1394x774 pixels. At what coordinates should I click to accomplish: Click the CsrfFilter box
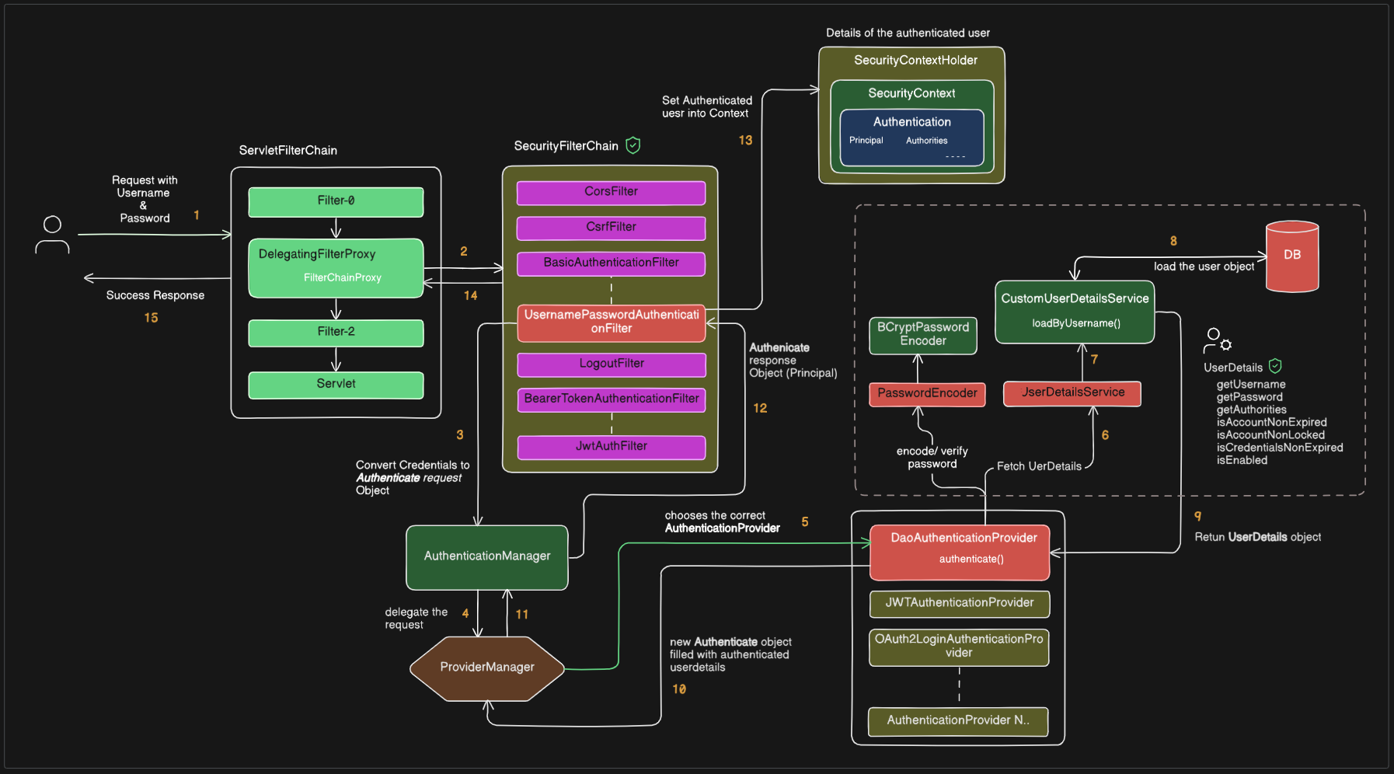pos(611,228)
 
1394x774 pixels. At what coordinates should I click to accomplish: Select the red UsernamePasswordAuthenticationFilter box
pos(611,322)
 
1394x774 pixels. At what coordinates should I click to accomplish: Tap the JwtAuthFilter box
pos(611,447)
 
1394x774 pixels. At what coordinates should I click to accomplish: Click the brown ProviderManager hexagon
pos(487,668)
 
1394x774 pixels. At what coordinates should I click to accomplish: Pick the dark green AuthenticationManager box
pos(487,556)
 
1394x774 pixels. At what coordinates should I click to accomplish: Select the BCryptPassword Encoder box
pos(922,335)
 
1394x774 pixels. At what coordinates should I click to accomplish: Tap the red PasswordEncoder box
pos(927,394)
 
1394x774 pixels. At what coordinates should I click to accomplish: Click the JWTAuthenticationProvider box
pos(959,603)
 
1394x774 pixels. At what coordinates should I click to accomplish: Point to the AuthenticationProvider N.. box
pos(957,721)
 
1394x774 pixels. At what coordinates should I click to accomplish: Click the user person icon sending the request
pos(52,235)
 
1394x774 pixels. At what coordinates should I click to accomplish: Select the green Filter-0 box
pos(336,201)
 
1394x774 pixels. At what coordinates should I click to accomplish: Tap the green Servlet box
pos(336,385)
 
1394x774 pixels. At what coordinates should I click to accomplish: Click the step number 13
pos(745,141)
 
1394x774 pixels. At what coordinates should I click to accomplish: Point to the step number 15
pos(151,318)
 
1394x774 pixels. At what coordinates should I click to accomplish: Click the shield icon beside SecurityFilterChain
pos(633,145)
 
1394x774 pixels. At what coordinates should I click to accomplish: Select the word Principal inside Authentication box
pos(866,141)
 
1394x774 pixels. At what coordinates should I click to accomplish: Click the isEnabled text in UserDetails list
pos(1241,461)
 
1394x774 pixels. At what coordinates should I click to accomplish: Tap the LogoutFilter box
pos(611,364)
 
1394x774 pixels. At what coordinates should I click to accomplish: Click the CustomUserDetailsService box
pos(1074,311)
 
